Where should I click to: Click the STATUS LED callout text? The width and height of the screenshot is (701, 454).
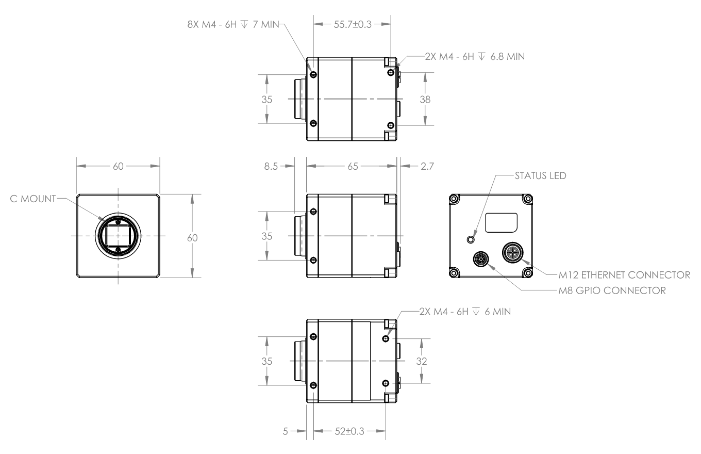[x=541, y=176]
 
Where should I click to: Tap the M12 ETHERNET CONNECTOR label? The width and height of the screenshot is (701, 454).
[x=624, y=275]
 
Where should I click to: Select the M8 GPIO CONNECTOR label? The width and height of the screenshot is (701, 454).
[x=612, y=291]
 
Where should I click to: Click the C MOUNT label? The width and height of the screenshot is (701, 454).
[x=33, y=199]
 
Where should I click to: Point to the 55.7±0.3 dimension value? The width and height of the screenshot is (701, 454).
[x=353, y=24]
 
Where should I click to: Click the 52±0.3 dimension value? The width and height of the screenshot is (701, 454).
[x=349, y=431]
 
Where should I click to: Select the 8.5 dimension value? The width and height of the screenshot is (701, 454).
[x=271, y=166]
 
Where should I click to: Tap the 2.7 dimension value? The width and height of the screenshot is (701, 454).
[x=427, y=166]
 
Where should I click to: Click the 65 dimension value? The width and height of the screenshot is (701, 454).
[x=353, y=166]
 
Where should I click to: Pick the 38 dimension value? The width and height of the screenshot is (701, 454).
[x=425, y=100]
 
